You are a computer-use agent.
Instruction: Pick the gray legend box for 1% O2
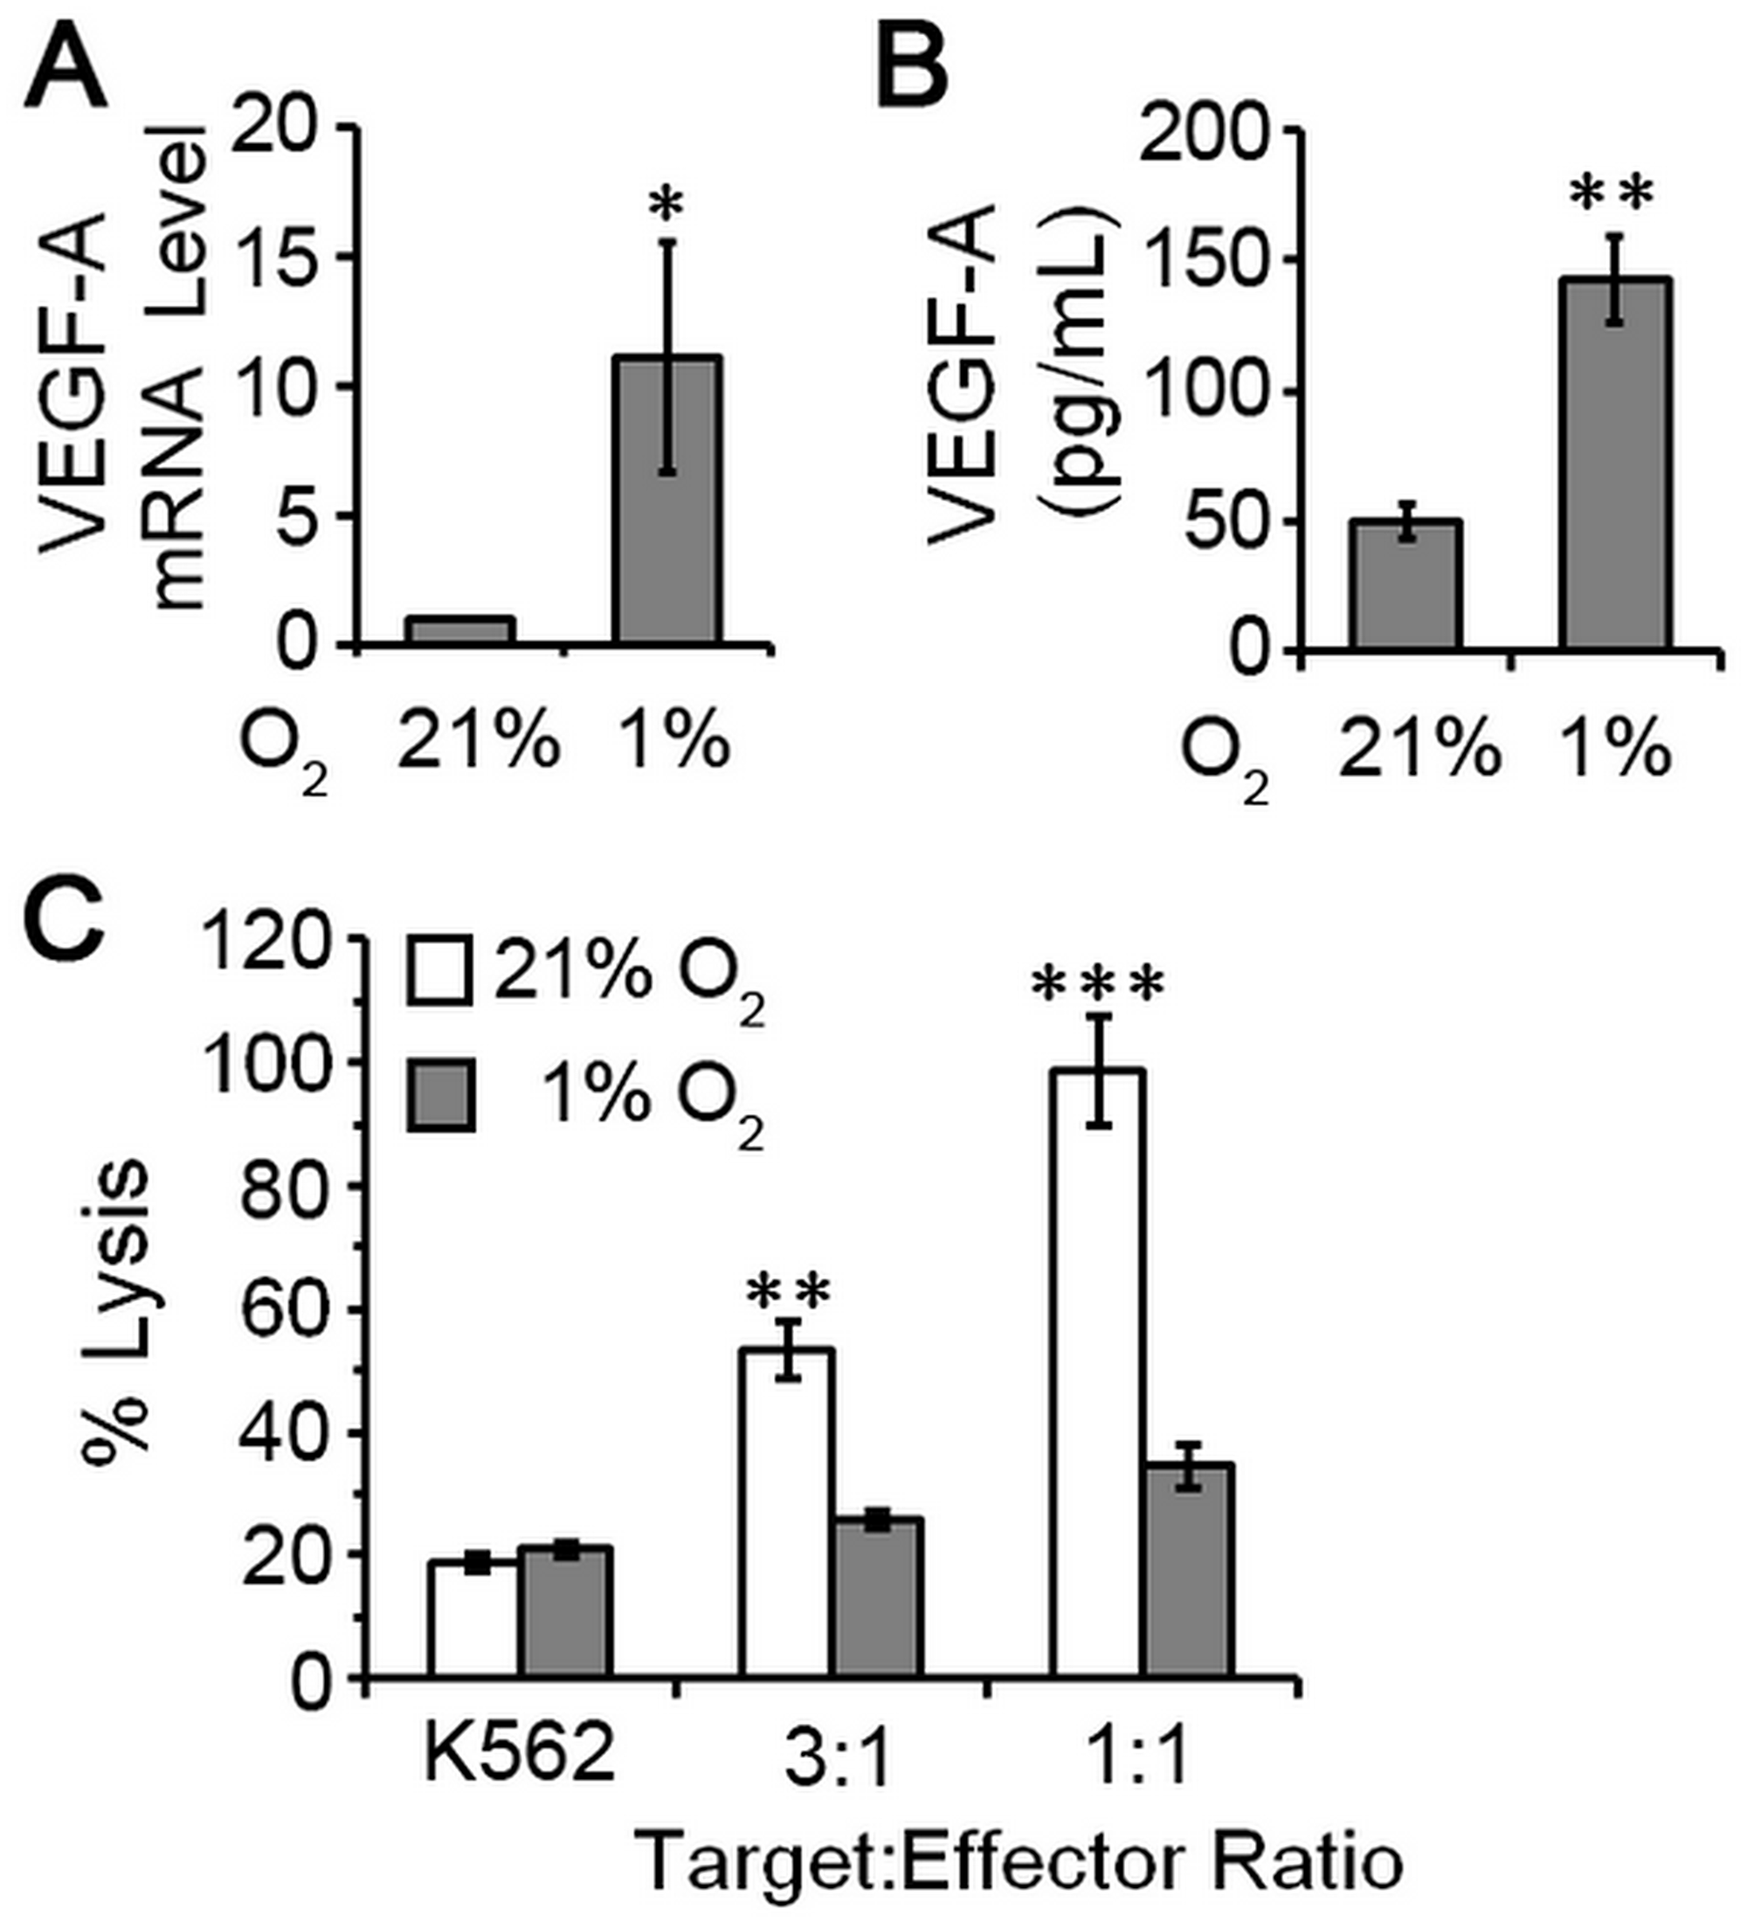440,1097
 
